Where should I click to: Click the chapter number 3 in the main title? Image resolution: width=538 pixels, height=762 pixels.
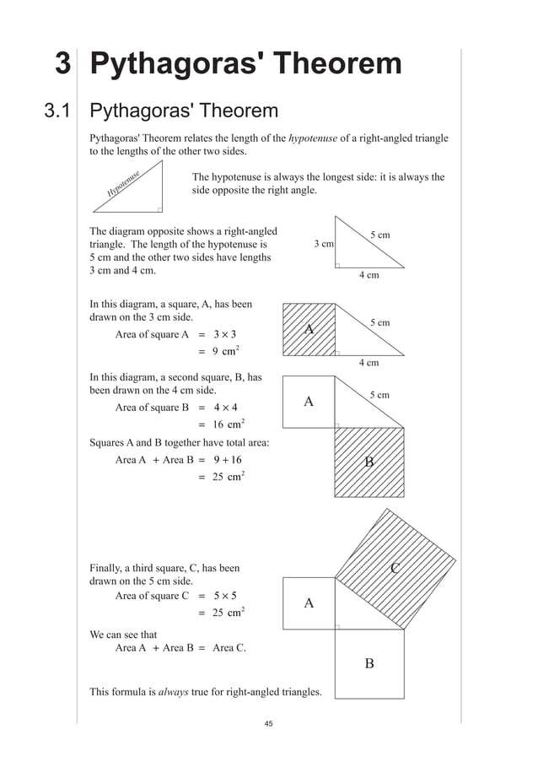[x=62, y=66]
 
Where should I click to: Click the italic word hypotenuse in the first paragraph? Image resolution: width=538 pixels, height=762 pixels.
[x=314, y=138]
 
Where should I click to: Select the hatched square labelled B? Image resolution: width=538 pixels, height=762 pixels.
[x=369, y=462]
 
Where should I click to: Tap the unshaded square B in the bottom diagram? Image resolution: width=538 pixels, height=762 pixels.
[x=369, y=663]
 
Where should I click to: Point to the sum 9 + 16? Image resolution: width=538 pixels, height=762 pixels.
[x=227, y=460]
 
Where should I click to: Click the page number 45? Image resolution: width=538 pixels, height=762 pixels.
[x=269, y=724]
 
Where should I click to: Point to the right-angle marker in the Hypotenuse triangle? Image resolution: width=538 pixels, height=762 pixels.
[x=159, y=210]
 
